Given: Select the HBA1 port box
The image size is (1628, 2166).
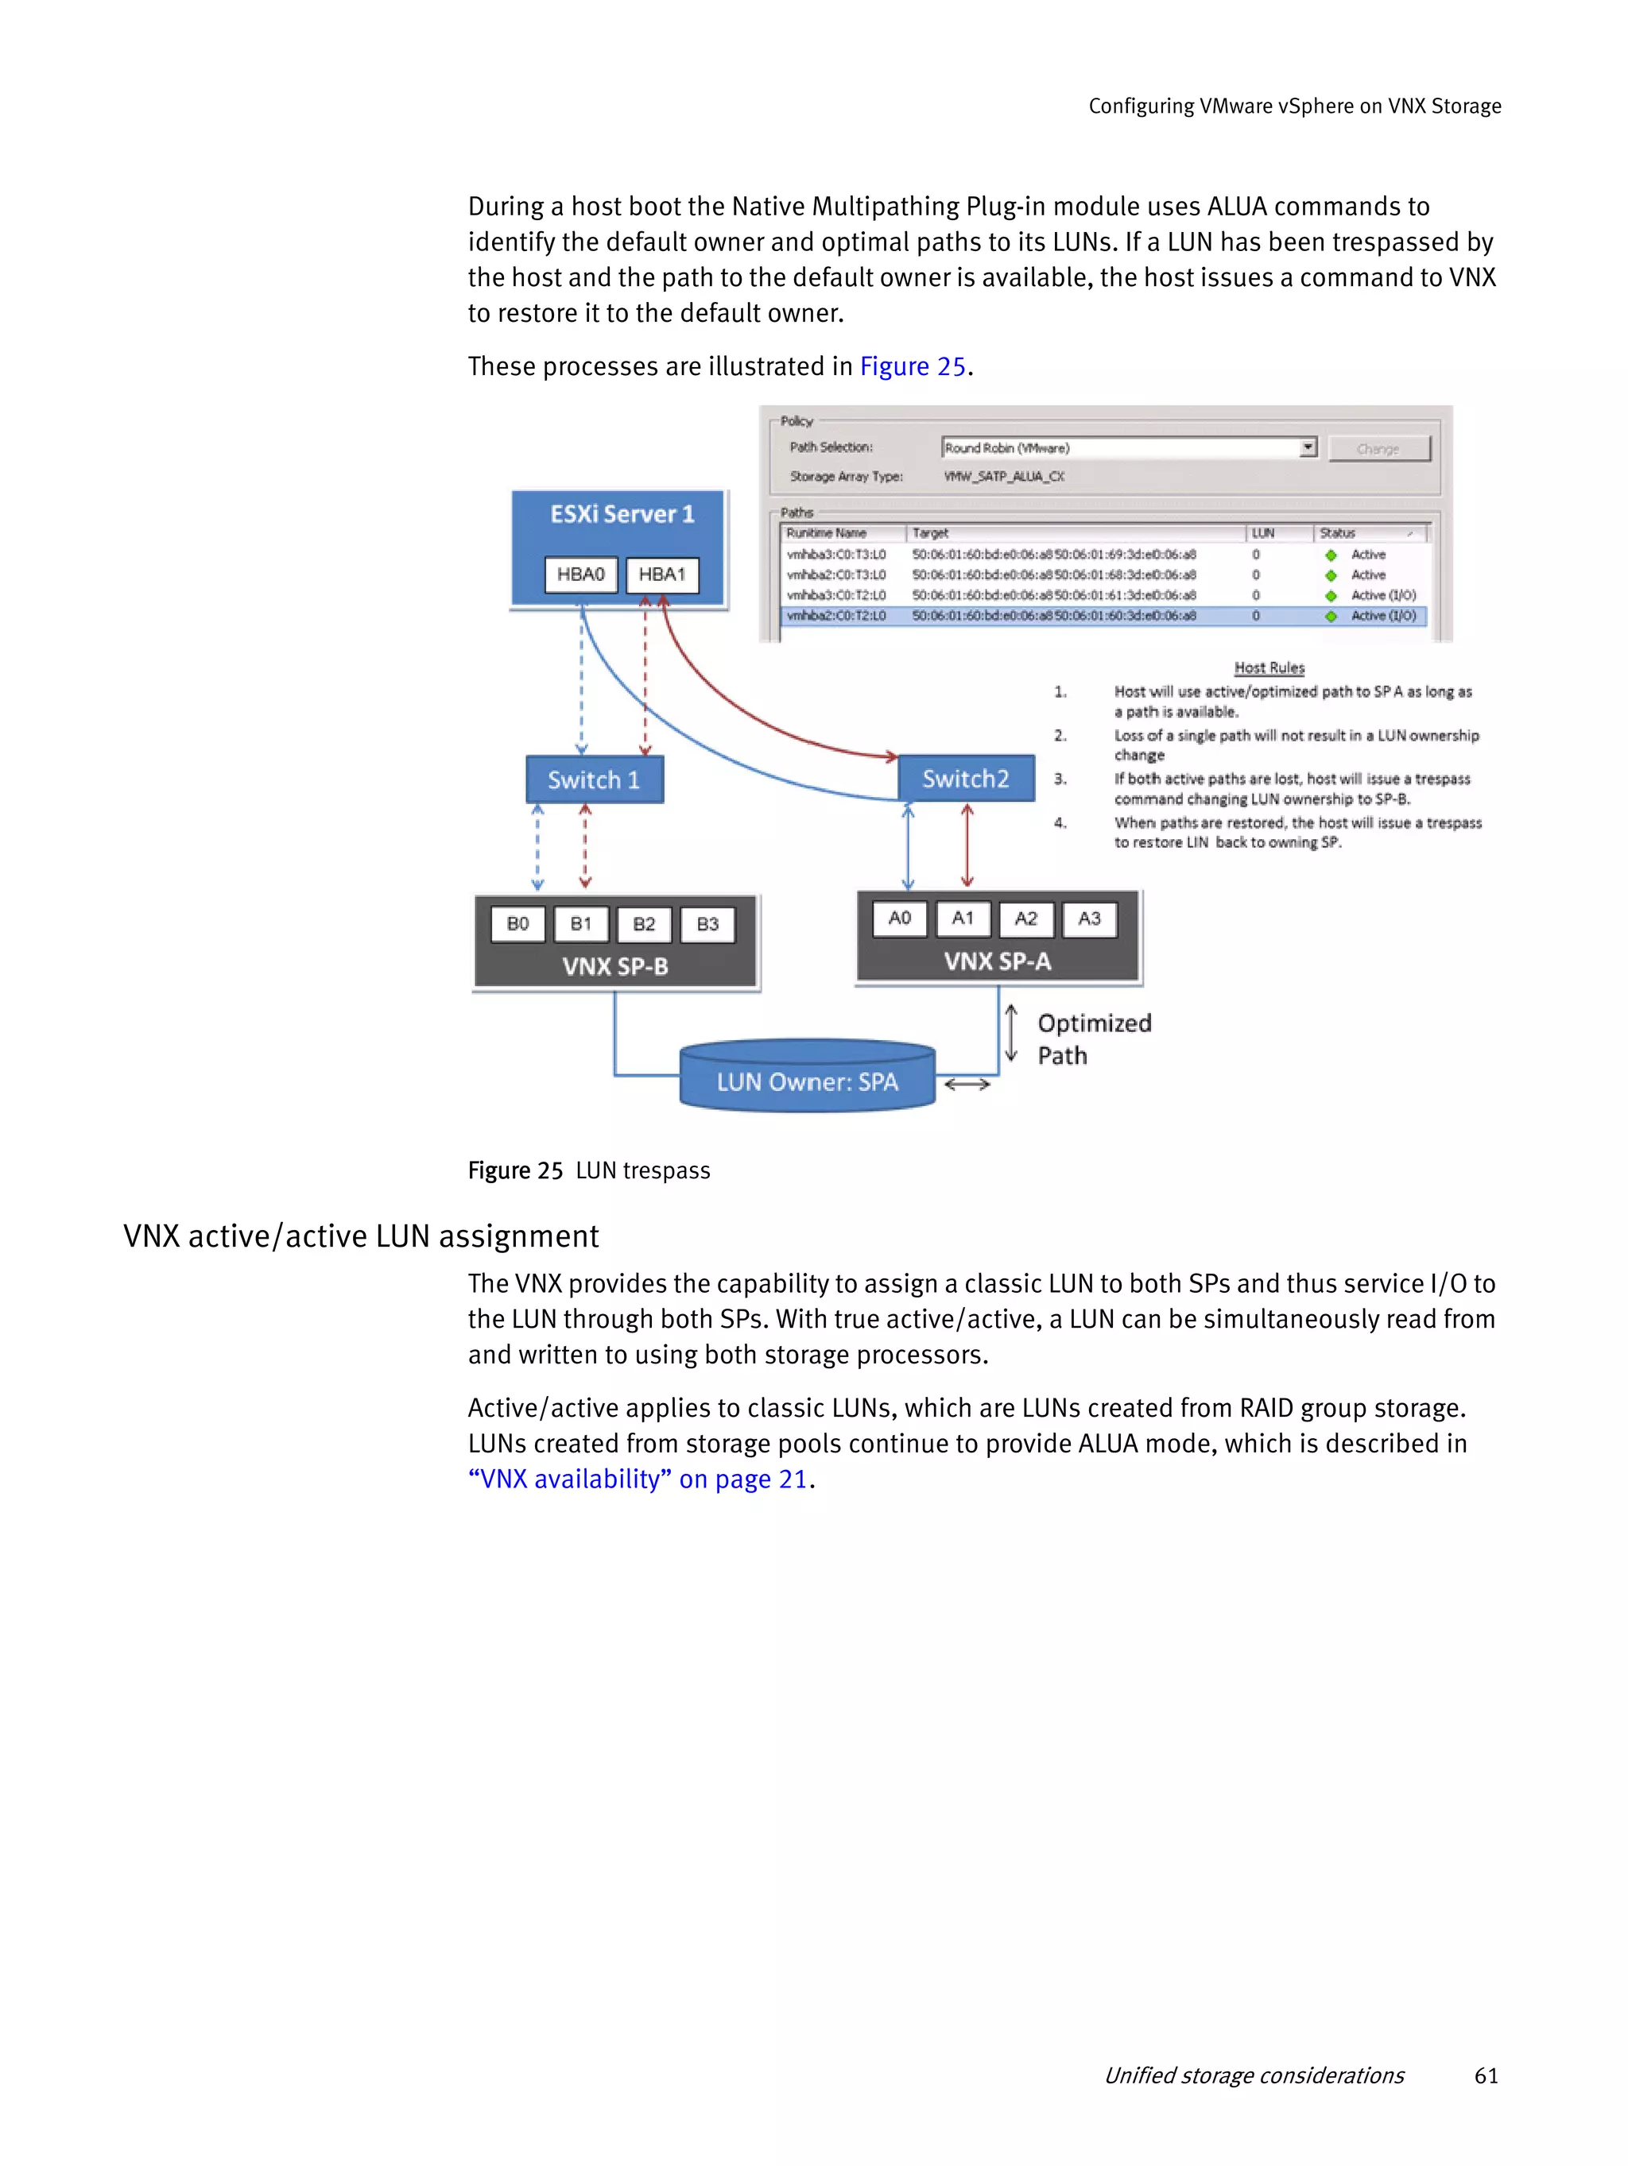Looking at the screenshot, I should tap(662, 574).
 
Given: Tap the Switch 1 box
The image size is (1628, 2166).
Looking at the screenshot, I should tap(594, 779).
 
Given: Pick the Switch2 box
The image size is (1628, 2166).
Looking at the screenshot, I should tap(965, 779).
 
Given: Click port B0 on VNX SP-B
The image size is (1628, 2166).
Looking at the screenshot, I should tap(517, 923).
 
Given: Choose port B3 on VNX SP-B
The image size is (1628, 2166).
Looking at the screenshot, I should tap(707, 923).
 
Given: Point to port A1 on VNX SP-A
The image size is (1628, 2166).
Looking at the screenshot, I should tap(962, 919).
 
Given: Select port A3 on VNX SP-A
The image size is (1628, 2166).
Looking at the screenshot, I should tap(1088, 919).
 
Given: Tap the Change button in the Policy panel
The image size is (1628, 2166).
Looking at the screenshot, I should tap(1378, 448).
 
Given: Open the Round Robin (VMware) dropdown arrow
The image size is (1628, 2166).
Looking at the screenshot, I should tap(1307, 447).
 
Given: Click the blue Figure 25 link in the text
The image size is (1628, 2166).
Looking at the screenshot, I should tap(912, 366).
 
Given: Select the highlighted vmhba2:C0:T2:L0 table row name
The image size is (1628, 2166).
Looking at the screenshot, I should tap(835, 616).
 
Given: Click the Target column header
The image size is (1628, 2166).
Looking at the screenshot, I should tap(931, 532).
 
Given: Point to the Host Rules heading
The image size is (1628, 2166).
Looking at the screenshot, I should tap(1269, 667).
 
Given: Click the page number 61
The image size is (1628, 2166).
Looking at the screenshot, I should tap(1485, 2075).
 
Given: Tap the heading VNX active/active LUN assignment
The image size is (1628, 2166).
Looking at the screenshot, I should tap(360, 1236).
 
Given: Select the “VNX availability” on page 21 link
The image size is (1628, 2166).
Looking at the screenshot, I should tap(638, 1479).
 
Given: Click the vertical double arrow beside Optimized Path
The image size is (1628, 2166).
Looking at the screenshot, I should tap(1011, 1034).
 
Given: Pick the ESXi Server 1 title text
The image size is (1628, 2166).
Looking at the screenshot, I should tap(622, 514).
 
